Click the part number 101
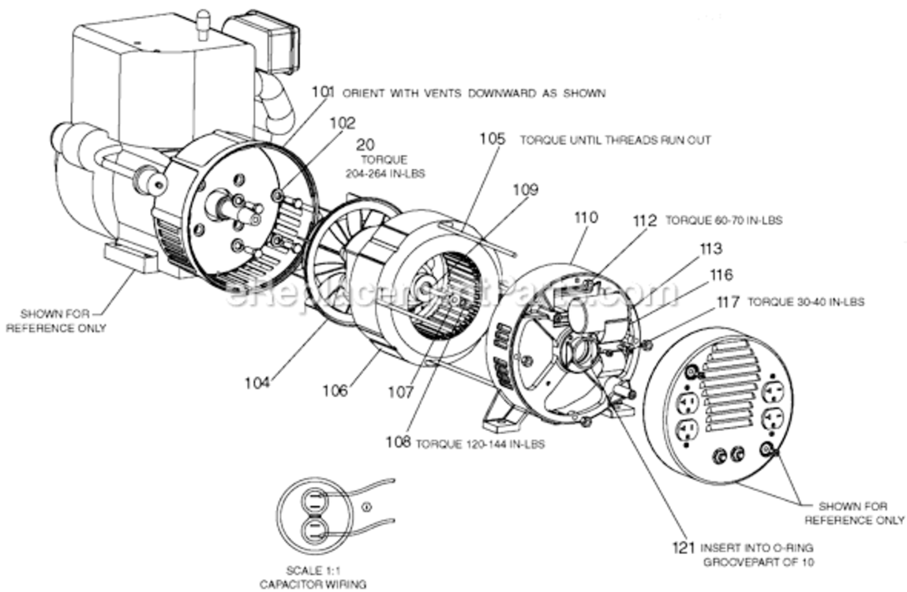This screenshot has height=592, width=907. (x=324, y=92)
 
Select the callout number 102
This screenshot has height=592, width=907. (x=343, y=123)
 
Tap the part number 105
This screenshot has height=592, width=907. (x=493, y=139)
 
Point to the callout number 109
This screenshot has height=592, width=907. (x=525, y=189)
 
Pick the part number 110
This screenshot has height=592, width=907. (x=586, y=218)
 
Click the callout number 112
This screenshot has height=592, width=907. (x=645, y=220)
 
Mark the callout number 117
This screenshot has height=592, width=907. (x=728, y=302)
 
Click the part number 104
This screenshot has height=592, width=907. (x=257, y=383)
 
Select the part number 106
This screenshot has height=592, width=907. (x=335, y=391)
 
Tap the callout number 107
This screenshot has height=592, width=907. (x=401, y=392)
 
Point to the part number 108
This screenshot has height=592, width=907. (x=399, y=442)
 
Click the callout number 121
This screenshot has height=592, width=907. (x=683, y=548)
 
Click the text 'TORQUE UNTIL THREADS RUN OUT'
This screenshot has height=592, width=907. (x=616, y=140)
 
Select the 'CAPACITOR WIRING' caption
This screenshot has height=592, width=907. (x=313, y=584)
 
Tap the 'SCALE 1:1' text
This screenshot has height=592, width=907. (x=313, y=570)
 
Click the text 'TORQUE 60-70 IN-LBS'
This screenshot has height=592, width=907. (x=724, y=220)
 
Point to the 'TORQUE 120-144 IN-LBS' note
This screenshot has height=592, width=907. (x=480, y=444)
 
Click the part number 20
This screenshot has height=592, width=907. (x=365, y=144)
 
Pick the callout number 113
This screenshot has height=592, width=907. (x=711, y=249)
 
